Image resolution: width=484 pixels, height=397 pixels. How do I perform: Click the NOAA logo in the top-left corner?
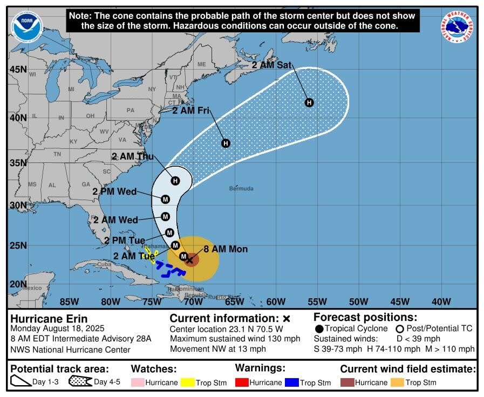pyautogui.click(x=26, y=28)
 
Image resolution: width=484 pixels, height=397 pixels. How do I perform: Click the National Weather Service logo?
pyautogui.click(x=457, y=27)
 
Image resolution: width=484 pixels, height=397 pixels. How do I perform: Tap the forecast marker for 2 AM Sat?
pyautogui.click(x=309, y=102)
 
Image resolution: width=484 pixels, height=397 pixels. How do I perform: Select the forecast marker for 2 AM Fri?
pyautogui.click(x=226, y=143)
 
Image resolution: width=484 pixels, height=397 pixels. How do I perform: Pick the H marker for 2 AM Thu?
pyautogui.click(x=175, y=181)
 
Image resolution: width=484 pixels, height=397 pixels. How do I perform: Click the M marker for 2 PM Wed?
pyautogui.click(x=166, y=199)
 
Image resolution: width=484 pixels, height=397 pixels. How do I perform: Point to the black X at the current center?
pyautogui.click(x=189, y=260)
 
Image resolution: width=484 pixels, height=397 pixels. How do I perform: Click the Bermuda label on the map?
pyautogui.click(x=241, y=189)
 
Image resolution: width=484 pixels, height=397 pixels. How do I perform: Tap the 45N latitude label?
pyautogui.click(x=18, y=70)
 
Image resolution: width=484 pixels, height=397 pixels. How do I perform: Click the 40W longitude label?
pyautogui.click(x=441, y=302)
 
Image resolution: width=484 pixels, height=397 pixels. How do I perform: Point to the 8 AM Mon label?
pyautogui.click(x=226, y=249)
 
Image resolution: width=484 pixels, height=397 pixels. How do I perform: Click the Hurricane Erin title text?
pyautogui.click(x=49, y=318)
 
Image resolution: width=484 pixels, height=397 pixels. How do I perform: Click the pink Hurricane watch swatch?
pyautogui.click(x=138, y=382)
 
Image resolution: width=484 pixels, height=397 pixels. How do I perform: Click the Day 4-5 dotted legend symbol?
pyautogui.click(x=80, y=382)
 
